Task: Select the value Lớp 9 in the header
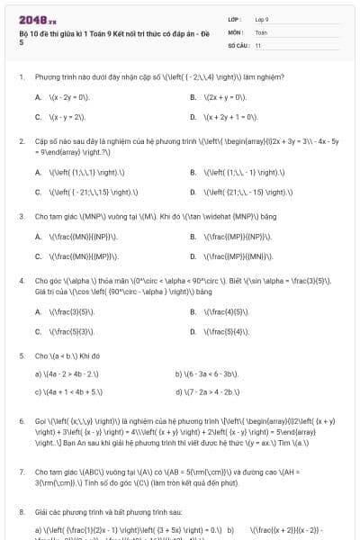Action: click(x=262, y=18)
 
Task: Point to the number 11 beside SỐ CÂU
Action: click(x=258, y=44)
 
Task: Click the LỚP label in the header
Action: click(x=234, y=18)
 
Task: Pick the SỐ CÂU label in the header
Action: click(x=237, y=44)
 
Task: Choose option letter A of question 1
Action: click(x=38, y=96)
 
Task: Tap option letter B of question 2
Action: click(x=193, y=171)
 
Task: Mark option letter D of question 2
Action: click(x=193, y=192)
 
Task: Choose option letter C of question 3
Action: click(x=38, y=256)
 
